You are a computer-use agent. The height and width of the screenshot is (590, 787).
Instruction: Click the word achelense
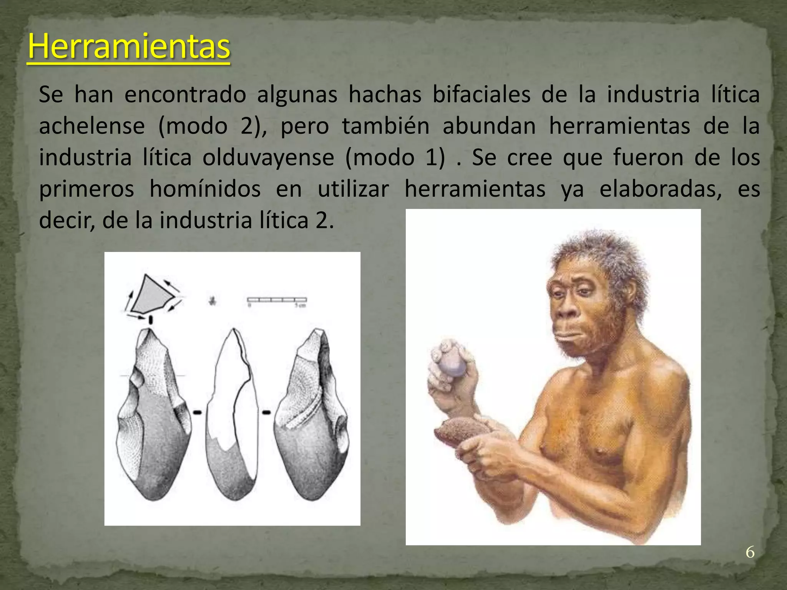click(x=92, y=126)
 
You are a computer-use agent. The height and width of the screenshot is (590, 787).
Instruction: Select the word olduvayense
click(x=268, y=157)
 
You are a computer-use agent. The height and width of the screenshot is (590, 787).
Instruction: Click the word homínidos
click(x=205, y=189)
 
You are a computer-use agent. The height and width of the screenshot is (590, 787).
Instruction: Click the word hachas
click(x=385, y=94)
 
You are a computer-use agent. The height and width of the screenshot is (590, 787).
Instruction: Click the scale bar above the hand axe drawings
click(x=277, y=300)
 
